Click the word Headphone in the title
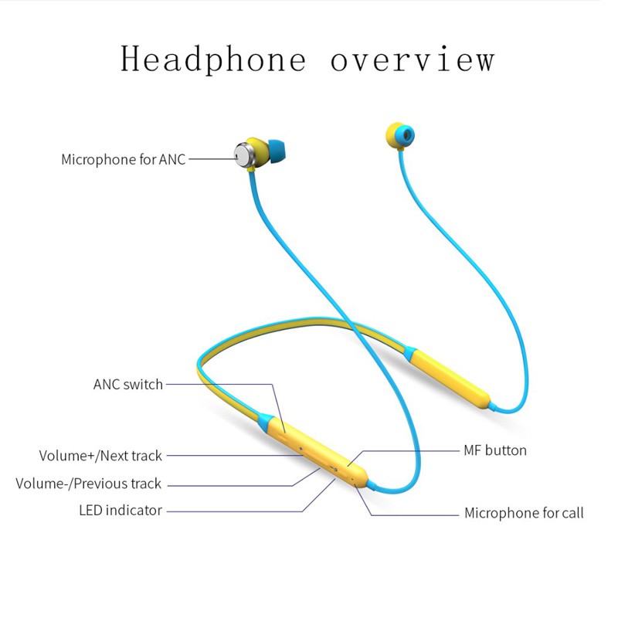click(x=213, y=59)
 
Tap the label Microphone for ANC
click(x=124, y=160)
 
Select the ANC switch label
click(x=128, y=384)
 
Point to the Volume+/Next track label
click(x=100, y=456)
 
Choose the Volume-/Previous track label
click(x=89, y=484)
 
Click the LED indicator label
click(x=121, y=510)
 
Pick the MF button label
click(x=495, y=450)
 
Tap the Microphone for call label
click(x=524, y=513)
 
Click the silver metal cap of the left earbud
click(x=246, y=153)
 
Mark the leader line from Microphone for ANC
click(x=210, y=160)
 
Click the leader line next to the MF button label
click(x=409, y=450)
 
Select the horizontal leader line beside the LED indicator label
click(x=232, y=511)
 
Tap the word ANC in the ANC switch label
click(x=107, y=384)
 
